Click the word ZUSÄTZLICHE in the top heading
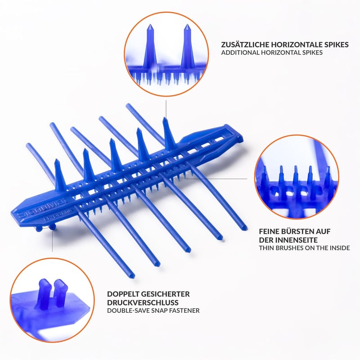(245, 44)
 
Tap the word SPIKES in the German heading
(336, 45)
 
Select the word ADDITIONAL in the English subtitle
(240, 53)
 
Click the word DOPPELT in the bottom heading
(123, 294)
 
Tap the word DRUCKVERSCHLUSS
(143, 302)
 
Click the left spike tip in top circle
(150, 25)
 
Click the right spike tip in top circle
(187, 25)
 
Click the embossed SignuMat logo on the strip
(41, 207)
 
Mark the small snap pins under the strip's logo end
(46, 228)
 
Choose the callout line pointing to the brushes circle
(217, 178)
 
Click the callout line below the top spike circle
(166, 108)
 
